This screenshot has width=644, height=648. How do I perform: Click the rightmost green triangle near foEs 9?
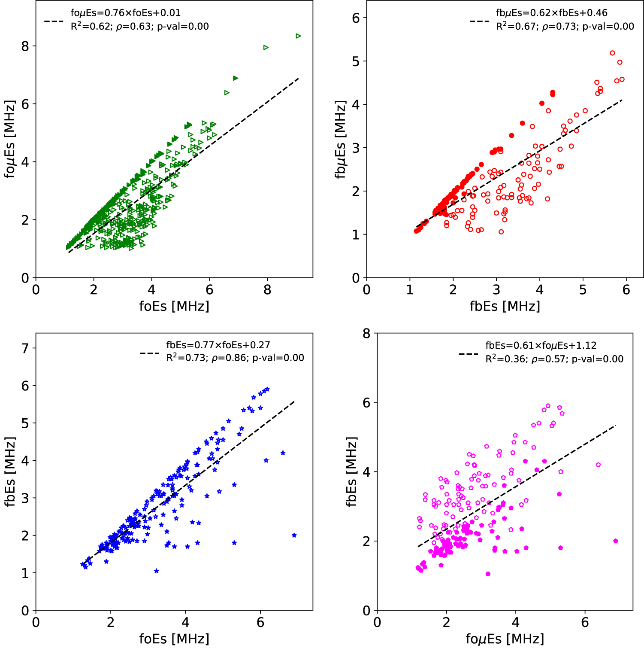(298, 36)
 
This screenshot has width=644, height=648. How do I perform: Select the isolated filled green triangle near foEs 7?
(235, 78)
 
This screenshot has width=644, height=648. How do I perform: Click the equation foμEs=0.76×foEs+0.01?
(125, 13)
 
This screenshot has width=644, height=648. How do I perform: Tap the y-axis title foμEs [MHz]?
(10, 139)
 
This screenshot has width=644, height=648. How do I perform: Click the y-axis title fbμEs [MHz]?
(341, 139)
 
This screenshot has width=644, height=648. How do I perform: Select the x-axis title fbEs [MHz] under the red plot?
(505, 306)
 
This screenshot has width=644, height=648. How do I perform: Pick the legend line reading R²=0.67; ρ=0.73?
(565, 27)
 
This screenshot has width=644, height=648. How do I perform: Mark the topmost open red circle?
(612, 53)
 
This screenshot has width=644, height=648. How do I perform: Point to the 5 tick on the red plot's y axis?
(356, 61)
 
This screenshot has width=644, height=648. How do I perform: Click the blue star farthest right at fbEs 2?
(294, 535)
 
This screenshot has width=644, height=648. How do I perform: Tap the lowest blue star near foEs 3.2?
(156, 571)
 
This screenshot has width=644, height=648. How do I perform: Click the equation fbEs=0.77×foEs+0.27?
(218, 345)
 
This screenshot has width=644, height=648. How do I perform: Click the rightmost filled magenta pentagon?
(616, 541)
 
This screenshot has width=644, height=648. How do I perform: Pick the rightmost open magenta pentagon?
(598, 465)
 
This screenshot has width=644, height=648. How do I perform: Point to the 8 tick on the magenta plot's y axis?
(366, 333)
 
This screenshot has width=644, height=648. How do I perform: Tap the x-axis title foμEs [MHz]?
(505, 639)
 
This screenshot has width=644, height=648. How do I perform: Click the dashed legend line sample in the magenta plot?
(469, 354)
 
